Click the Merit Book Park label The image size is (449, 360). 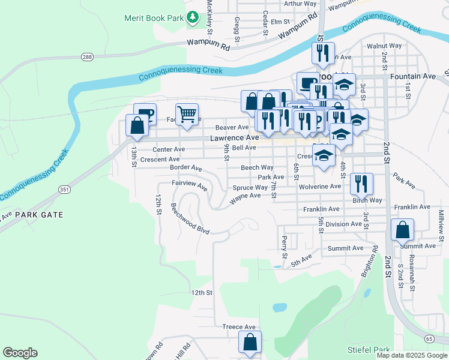tap(153, 17)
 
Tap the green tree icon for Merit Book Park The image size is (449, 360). tap(193, 17)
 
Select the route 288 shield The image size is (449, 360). tap(87, 56)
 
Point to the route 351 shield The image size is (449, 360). tap(64, 190)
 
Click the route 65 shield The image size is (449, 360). tap(429, 339)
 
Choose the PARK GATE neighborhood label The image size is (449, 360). tap(39, 214)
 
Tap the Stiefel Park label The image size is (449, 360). tap(368, 349)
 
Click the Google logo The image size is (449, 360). tap(20, 353)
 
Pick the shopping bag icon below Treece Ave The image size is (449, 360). tap(250, 342)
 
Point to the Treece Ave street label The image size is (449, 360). tap(239, 327)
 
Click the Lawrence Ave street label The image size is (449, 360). tap(234, 137)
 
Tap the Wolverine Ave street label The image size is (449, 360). tap(319, 187)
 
